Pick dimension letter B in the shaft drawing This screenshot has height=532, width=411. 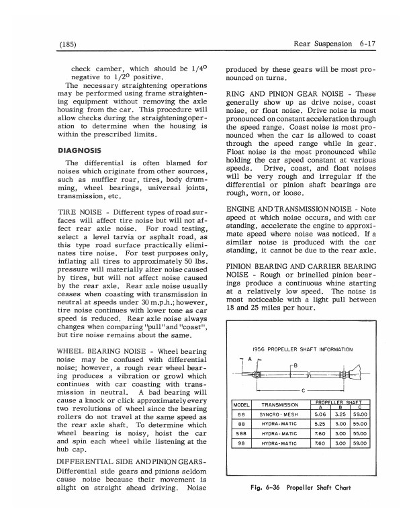[293, 365]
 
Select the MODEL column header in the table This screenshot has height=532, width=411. [241, 405]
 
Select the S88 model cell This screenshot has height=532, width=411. [241, 435]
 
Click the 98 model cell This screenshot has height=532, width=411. [241, 444]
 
